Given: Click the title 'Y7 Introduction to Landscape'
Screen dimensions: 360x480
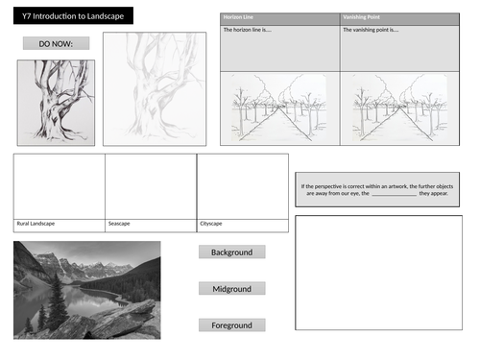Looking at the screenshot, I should click(x=67, y=15).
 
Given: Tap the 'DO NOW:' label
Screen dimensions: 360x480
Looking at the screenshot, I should click(x=56, y=43).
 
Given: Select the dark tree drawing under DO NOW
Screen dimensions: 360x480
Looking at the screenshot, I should click(x=56, y=102).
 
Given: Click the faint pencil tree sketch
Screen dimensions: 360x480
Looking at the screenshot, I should click(x=155, y=88).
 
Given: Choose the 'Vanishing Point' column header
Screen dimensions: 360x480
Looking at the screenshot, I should click(x=360, y=18).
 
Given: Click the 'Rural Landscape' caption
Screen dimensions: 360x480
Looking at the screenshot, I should click(x=36, y=224).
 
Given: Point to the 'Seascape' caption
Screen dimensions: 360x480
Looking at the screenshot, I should click(x=121, y=224).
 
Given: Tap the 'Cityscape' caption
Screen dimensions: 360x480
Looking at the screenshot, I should click(x=212, y=224).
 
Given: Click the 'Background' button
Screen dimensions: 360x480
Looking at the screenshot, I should click(x=231, y=252).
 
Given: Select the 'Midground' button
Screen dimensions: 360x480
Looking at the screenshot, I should click(x=231, y=289).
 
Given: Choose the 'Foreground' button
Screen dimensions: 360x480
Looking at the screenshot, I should click(x=231, y=325).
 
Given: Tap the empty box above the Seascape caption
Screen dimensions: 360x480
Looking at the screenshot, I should click(x=151, y=185).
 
